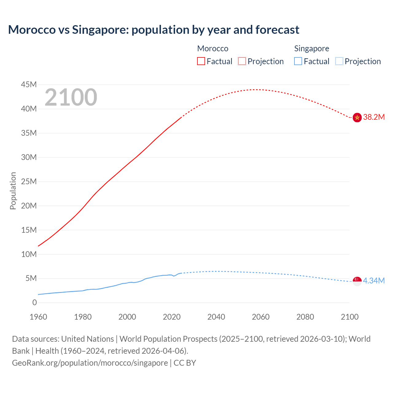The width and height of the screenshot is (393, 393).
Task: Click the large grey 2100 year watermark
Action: pyautogui.click(x=71, y=97)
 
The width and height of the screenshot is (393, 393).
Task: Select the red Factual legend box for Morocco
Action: pyautogui.click(x=201, y=61)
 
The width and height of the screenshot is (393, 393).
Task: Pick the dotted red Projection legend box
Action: pyautogui.click(x=242, y=61)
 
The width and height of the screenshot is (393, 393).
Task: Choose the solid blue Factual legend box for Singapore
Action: pyautogui.click(x=298, y=61)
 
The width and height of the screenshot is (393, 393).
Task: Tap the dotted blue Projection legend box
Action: pyautogui.click(x=339, y=61)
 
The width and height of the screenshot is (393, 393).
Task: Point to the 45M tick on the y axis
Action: pyautogui.click(x=29, y=84)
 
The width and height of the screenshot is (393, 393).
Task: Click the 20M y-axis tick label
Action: pyautogui.click(x=29, y=206)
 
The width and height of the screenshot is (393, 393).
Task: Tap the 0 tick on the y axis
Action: pyautogui.click(x=34, y=302)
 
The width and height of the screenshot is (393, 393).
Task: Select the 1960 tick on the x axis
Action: pyautogui.click(x=38, y=317)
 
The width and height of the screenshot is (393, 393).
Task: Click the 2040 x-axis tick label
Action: pyautogui.click(x=216, y=317)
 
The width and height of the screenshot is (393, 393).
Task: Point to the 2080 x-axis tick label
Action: pyautogui.click(x=305, y=317)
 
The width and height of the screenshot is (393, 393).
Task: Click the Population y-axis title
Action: pyautogui.click(x=13, y=191)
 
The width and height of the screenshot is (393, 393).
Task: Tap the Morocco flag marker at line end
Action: pyautogui.click(x=357, y=117)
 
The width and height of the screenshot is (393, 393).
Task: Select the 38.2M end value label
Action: pyautogui.click(x=374, y=117)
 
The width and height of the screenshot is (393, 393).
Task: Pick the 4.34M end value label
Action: pyautogui.click(x=374, y=281)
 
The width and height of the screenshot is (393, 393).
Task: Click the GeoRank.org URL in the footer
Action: pyautogui.click(x=90, y=363)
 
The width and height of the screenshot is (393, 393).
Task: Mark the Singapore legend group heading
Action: pyautogui.click(x=312, y=49)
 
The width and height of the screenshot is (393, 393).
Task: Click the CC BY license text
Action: pyautogui.click(x=185, y=363)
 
